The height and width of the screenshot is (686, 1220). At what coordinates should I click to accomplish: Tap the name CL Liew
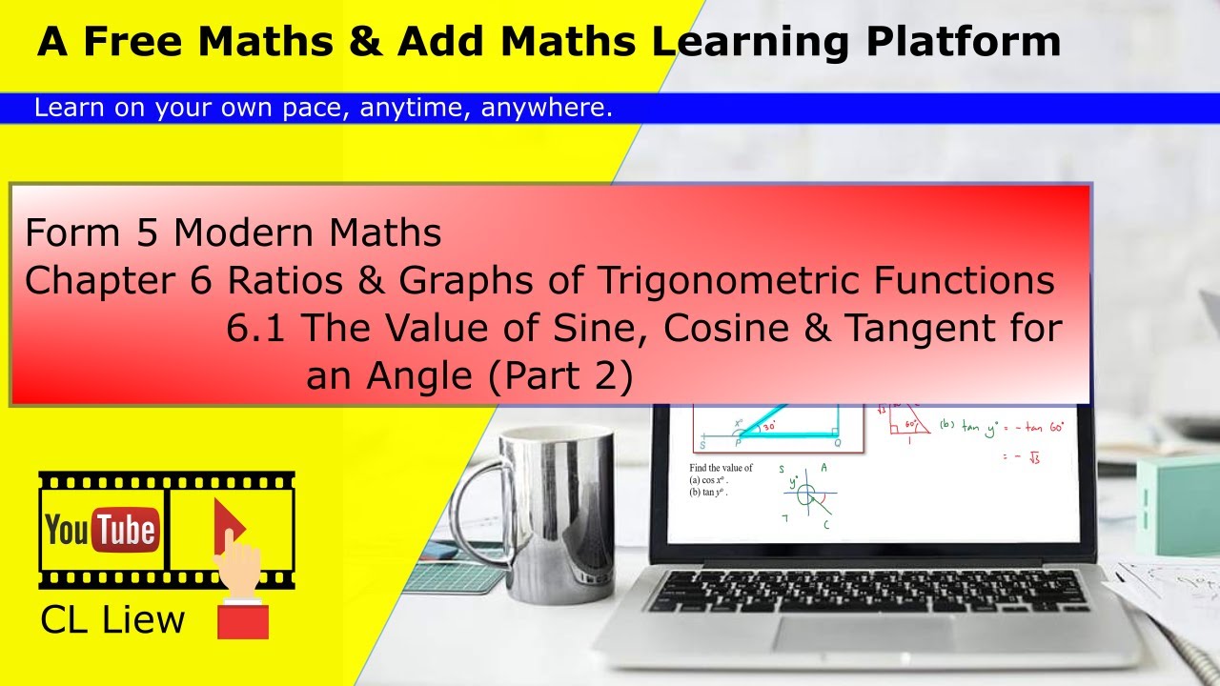112,620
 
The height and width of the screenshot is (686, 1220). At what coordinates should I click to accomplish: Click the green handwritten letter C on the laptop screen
825,525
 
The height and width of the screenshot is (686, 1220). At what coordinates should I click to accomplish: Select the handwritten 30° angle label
769,428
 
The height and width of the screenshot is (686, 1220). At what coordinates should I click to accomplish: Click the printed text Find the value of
721,468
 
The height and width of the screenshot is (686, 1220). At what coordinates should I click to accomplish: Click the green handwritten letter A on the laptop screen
823,469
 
